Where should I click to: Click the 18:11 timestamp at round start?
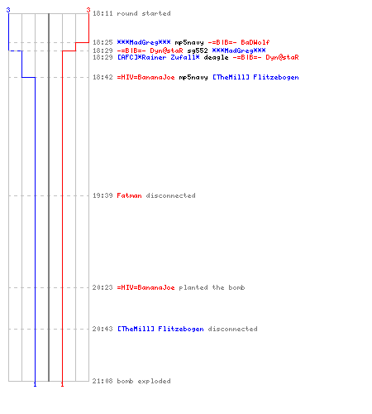click(x=103, y=13)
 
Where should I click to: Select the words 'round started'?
click(x=144, y=13)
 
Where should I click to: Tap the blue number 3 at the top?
click(x=8, y=10)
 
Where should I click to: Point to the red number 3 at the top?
click(x=88, y=10)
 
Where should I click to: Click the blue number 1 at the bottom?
click(x=35, y=384)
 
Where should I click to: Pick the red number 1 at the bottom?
click(x=62, y=384)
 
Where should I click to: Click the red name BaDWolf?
click(x=255, y=42)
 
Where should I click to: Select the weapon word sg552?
click(x=198, y=51)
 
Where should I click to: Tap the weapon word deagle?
click(x=216, y=57)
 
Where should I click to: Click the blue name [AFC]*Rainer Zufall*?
click(x=159, y=57)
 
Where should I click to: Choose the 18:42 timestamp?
click(x=103, y=77)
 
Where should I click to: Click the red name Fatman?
click(x=129, y=195)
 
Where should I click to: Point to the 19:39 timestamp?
click(x=103, y=195)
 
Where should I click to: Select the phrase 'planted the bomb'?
click(x=212, y=287)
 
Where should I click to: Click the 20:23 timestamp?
click(x=103, y=287)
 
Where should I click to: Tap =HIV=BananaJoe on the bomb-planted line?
click(x=145, y=287)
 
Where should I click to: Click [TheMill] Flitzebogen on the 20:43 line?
click(x=160, y=329)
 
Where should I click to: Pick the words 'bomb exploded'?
click(x=144, y=381)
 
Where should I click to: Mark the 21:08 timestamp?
click(x=103, y=381)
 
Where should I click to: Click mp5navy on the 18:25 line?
click(x=189, y=42)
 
